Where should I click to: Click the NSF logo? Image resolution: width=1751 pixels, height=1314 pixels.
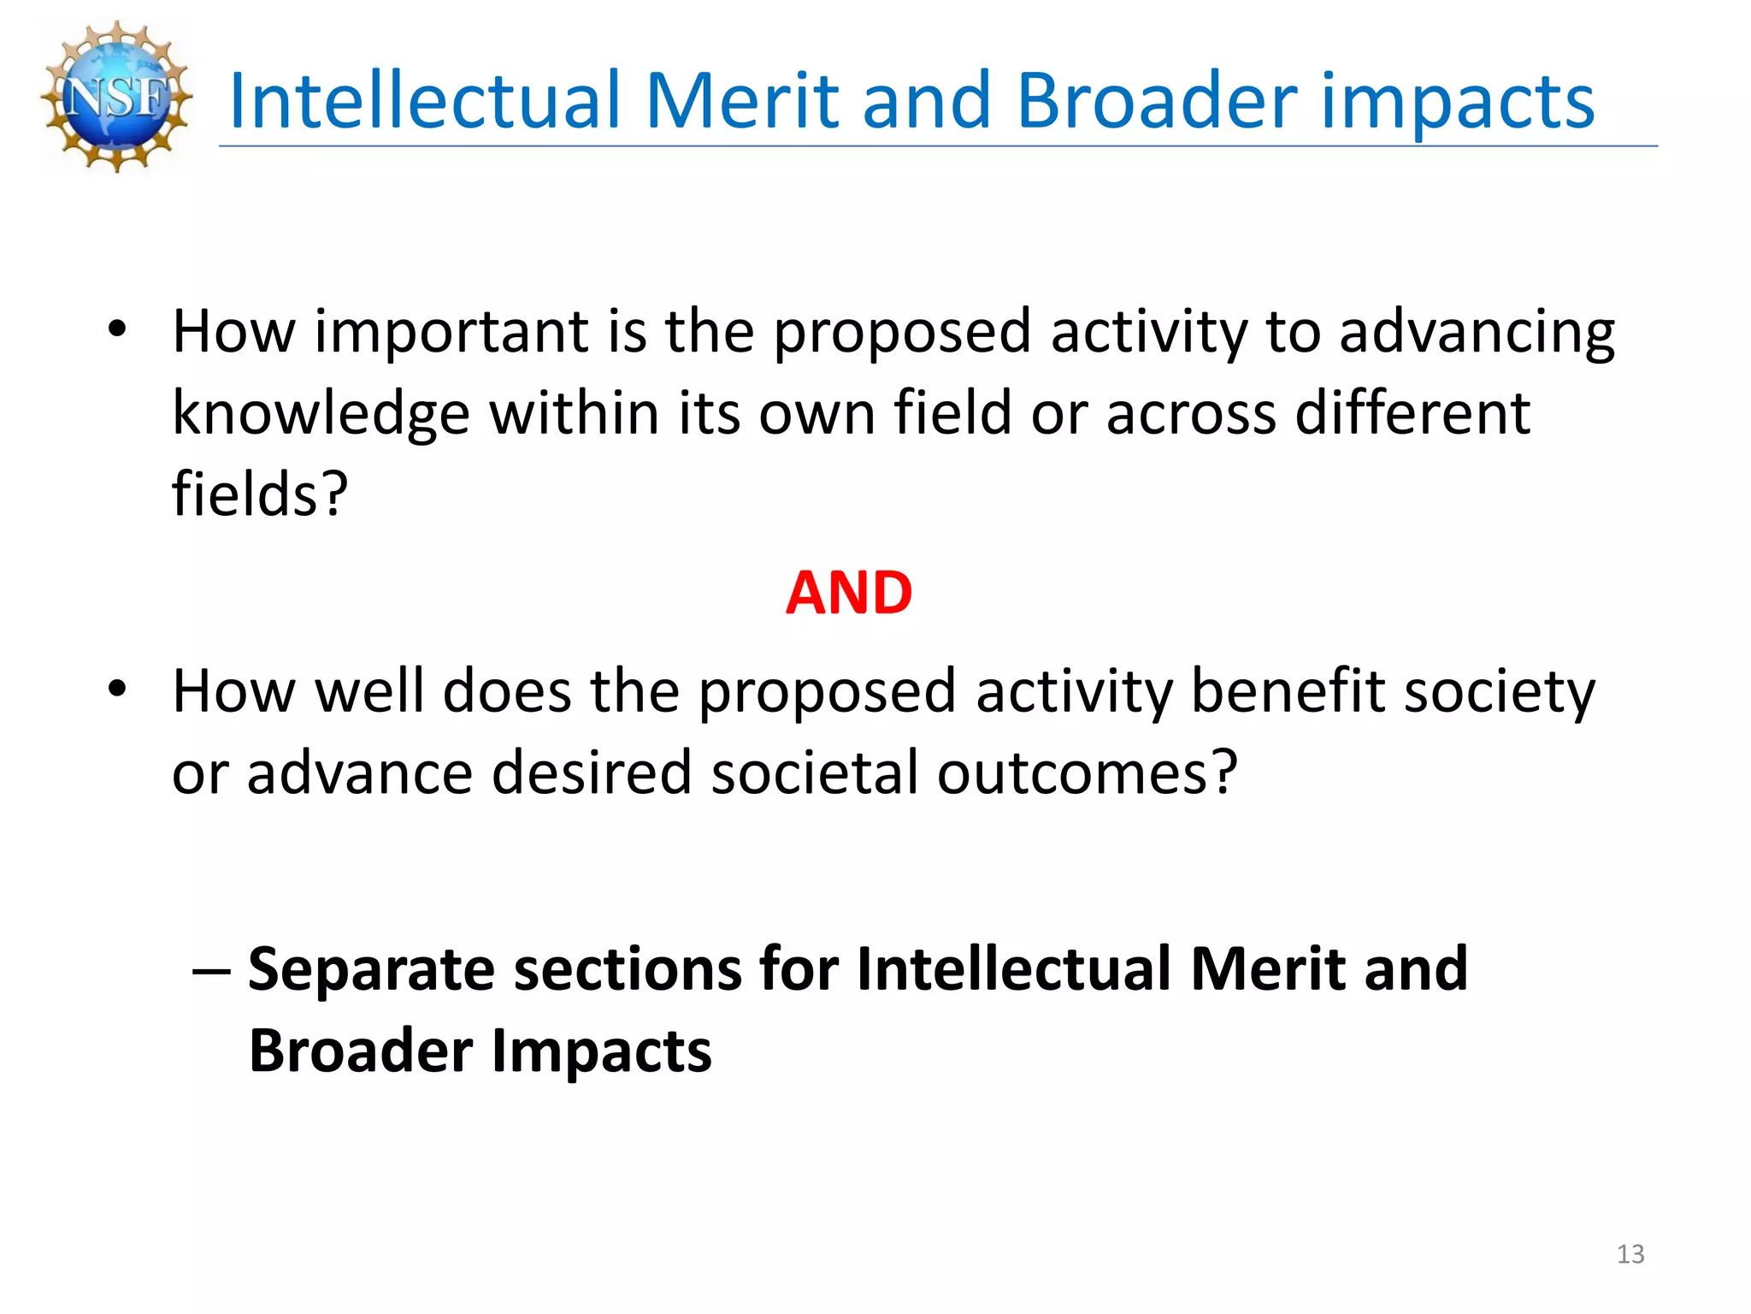click(117, 97)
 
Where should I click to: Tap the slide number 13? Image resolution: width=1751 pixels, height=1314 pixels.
click(1630, 1254)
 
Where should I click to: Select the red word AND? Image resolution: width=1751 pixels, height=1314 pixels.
click(849, 593)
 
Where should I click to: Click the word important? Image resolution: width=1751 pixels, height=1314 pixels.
click(451, 332)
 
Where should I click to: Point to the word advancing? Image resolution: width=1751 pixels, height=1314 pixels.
click(1477, 334)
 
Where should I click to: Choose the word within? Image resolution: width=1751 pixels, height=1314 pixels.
click(572, 413)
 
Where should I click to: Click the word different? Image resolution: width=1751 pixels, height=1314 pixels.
click(1412, 413)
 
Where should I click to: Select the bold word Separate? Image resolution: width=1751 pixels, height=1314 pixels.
click(372, 971)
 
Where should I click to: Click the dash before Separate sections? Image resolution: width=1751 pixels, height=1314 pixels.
click(211, 970)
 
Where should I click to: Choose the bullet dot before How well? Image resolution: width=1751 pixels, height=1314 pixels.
click(117, 689)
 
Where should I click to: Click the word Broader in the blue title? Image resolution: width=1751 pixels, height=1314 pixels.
click(1158, 101)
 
